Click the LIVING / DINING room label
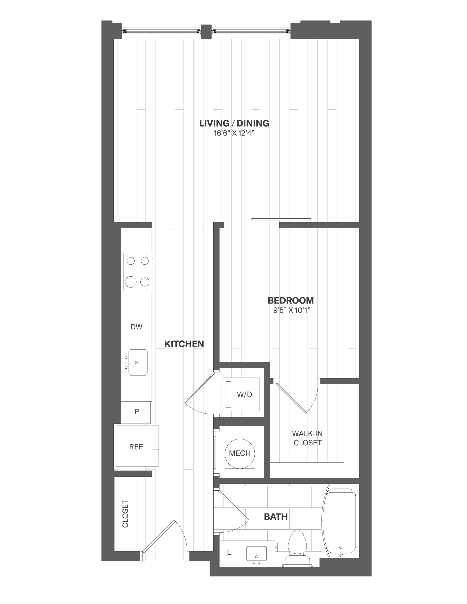pyautogui.click(x=234, y=123)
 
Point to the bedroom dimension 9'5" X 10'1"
pyautogui.click(x=291, y=310)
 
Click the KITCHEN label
pyautogui.click(x=184, y=344)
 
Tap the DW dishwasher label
pyautogui.click(x=136, y=327)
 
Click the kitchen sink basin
pyautogui.click(x=138, y=362)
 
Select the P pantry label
pyautogui.click(x=137, y=412)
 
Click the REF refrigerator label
pyautogui.click(x=136, y=447)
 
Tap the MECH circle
pyautogui.click(x=240, y=454)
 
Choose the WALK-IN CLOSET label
pyautogui.click(x=307, y=438)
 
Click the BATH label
pyautogui.click(x=275, y=517)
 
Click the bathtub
pyautogui.click(x=340, y=522)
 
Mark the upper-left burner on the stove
pyautogui.click(x=130, y=261)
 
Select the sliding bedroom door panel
pyautogui.click(x=281, y=219)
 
